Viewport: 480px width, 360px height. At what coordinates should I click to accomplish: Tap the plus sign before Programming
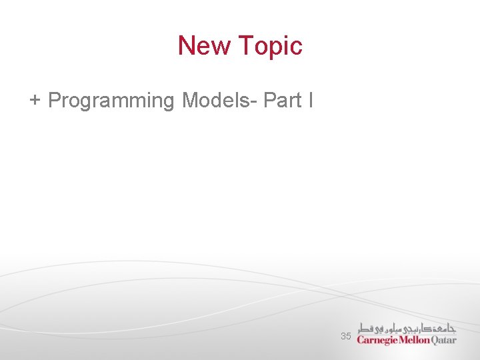(35, 101)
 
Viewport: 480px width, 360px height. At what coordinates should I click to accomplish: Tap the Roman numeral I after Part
(309, 101)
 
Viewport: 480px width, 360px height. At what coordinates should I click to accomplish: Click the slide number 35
(345, 337)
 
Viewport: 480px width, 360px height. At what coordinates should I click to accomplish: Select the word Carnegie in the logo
(377, 341)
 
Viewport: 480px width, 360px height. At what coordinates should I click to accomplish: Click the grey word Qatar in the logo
(445, 340)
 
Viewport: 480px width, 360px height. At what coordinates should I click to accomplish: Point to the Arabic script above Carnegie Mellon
(407, 327)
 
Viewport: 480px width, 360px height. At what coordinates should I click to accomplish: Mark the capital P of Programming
(55, 101)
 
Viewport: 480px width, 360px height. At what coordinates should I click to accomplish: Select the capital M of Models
(191, 101)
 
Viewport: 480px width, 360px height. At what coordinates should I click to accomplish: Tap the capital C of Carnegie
(361, 340)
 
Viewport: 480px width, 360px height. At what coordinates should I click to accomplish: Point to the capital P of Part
(269, 101)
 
